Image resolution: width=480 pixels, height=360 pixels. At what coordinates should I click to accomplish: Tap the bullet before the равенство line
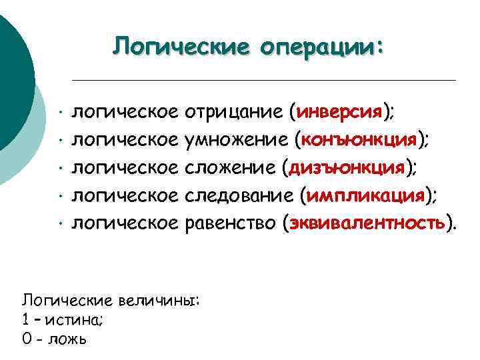point(60,223)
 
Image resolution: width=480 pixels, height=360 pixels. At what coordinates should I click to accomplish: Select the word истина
point(74,319)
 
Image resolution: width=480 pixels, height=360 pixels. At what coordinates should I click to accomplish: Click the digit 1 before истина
point(25,319)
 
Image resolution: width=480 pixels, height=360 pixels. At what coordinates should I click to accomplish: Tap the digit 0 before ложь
point(27,339)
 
